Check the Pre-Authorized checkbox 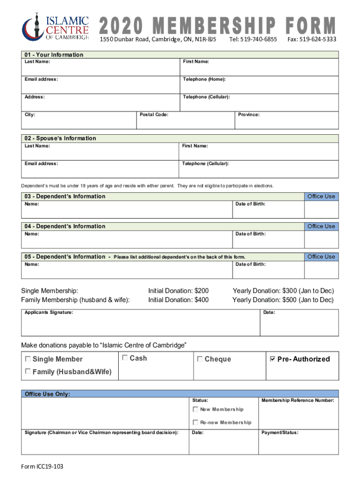273,359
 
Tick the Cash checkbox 125,358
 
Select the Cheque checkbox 200,359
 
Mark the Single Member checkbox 28,359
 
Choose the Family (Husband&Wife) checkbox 28,371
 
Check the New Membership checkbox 195,409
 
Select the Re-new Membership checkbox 195,422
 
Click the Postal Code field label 155,115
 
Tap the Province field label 249,115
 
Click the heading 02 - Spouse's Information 60,138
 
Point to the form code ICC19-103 44,468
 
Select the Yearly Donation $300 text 283,291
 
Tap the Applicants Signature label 49,312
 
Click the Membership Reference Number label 298,400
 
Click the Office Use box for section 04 321,238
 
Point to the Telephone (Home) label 204,80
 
